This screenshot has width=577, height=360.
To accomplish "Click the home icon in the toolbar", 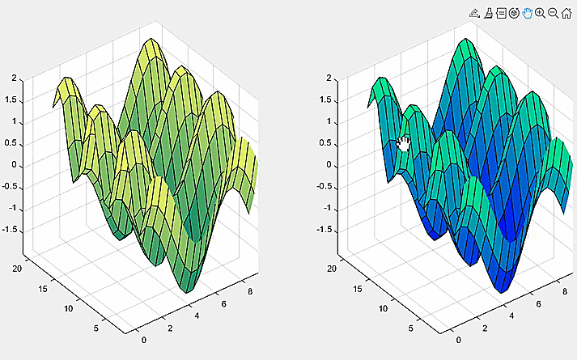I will coord(566,14).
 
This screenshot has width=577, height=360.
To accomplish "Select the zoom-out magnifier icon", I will coord(554,14).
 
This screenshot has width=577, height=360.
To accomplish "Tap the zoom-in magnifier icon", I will coord(541,14).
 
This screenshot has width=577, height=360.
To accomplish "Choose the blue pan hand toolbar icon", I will coord(528,14).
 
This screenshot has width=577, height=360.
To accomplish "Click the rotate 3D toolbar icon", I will coord(514,14).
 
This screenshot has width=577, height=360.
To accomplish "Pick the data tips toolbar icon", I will coord(502,14).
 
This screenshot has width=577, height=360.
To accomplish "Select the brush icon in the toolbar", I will coord(489,14).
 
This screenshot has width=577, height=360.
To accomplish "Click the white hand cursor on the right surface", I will coord(404,143).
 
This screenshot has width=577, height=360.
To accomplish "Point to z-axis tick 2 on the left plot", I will coord(14,78).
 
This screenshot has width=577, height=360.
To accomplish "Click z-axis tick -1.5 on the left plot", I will coord(10,230).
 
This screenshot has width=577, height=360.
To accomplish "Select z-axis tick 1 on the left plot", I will coord(14,122).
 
